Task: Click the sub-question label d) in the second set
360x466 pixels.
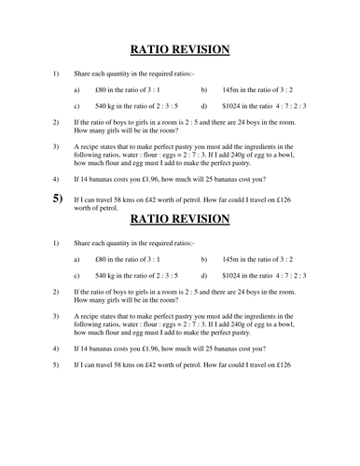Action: pyautogui.click(x=204, y=275)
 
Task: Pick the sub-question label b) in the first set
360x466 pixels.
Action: pyautogui.click(x=204, y=89)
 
